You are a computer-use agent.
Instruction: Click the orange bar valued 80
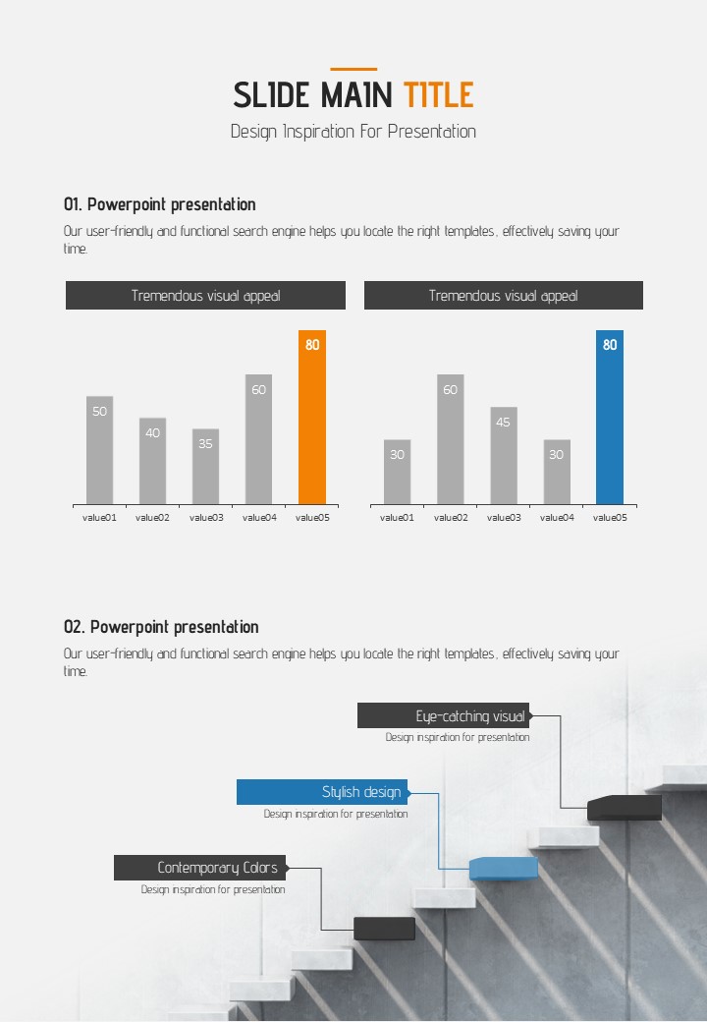[311, 418]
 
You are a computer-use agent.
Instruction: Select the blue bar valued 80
[609, 418]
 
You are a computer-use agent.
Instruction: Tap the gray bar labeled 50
[99, 450]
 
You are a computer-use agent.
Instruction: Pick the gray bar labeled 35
[205, 467]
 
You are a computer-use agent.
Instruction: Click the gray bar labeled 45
[503, 456]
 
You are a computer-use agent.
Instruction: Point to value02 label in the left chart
[152, 517]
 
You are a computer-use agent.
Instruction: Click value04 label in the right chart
[557, 517]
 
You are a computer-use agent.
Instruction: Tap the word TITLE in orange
[438, 95]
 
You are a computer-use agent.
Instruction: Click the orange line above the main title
[353, 69]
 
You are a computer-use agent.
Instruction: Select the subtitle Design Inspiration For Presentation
[353, 132]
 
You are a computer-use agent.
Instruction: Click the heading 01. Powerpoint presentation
[160, 204]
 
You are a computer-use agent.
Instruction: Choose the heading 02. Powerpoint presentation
[161, 627]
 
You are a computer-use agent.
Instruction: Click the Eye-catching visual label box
[443, 715]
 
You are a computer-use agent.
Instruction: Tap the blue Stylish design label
[322, 792]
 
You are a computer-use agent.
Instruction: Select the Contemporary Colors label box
[200, 868]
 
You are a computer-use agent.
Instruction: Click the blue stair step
[503, 868]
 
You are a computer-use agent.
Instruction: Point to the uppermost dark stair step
[625, 808]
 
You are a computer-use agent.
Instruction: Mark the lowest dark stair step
[384, 928]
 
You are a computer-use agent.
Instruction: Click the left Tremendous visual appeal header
[205, 296]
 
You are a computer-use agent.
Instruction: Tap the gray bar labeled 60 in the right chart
[450, 439]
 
